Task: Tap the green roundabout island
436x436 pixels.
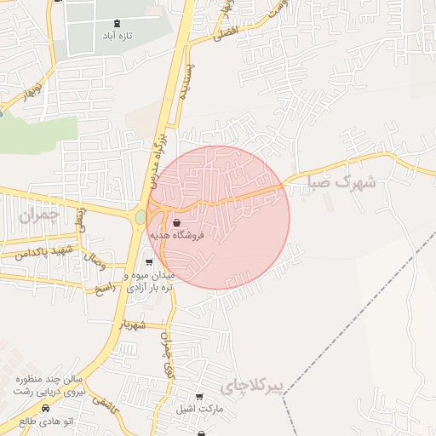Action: click(x=140, y=218)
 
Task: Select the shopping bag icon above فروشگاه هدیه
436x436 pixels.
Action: click(x=176, y=222)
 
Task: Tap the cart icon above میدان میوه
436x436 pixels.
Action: click(x=150, y=262)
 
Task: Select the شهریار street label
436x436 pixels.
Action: click(x=135, y=324)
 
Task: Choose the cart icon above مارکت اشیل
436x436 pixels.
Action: click(x=199, y=397)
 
